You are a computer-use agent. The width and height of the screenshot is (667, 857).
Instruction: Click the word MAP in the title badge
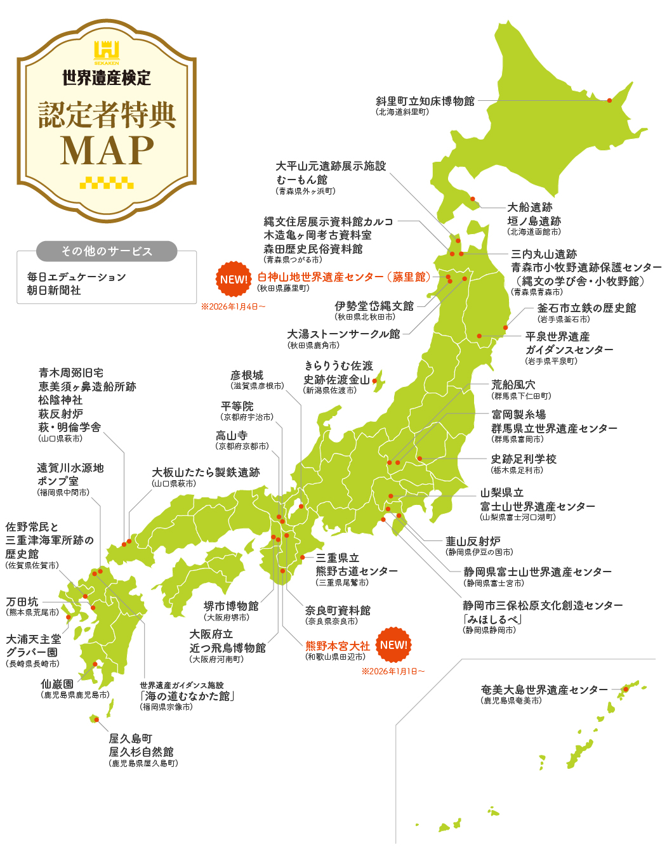pyautogui.click(x=107, y=150)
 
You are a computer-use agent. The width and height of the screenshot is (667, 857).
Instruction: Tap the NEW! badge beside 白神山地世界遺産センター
pyautogui.click(x=234, y=279)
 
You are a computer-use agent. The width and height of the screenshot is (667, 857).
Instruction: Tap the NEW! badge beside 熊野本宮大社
pyautogui.click(x=393, y=645)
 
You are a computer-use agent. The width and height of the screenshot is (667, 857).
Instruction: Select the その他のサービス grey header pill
pyautogui.click(x=107, y=251)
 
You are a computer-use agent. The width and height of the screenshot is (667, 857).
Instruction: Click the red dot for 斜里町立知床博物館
pyautogui.click(x=609, y=100)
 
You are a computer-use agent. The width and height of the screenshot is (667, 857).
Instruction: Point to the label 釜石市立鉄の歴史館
pyautogui.click(x=586, y=308)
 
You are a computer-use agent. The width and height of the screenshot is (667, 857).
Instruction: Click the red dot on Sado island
pyautogui.click(x=374, y=381)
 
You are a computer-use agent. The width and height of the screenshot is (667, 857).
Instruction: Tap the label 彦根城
pyautogui.click(x=247, y=376)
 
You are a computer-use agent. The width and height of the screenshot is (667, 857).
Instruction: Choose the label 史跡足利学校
pyautogui.click(x=524, y=459)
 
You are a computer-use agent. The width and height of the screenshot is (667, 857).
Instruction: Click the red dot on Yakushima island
pyautogui.click(x=96, y=719)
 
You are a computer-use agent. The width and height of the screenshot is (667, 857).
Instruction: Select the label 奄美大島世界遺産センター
pyautogui.click(x=544, y=690)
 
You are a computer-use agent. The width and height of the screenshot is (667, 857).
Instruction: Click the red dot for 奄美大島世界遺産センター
pyautogui.click(x=626, y=689)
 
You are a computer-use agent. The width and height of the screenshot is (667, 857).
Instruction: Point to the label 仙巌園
pyautogui.click(x=57, y=684)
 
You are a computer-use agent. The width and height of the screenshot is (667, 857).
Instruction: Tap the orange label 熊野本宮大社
pyautogui.click(x=337, y=646)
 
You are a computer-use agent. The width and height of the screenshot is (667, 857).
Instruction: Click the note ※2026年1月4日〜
pyautogui.click(x=233, y=307)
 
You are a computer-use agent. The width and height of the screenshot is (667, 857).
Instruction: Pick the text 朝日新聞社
pyautogui.click(x=54, y=291)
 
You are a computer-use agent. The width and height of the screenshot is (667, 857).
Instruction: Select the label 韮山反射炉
pyautogui.click(x=473, y=541)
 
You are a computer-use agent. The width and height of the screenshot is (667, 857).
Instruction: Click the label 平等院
pyautogui.click(x=237, y=406)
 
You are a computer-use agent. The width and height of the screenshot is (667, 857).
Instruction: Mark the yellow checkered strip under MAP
pyautogui.click(x=107, y=183)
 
